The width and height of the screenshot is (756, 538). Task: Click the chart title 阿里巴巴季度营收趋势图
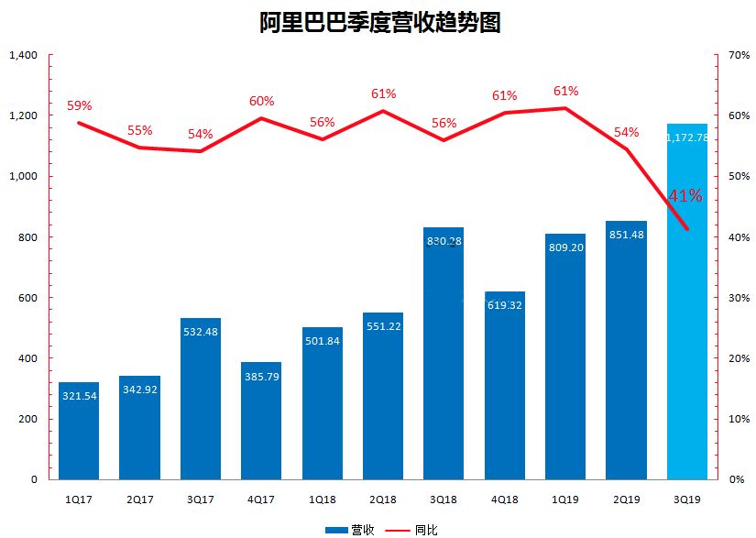(x=378, y=22)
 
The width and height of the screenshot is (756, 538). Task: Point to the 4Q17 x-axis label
(x=261, y=499)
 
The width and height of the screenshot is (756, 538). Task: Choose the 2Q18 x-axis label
(x=383, y=499)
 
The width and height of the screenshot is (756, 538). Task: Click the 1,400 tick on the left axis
(x=22, y=56)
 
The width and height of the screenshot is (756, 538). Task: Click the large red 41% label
(x=685, y=196)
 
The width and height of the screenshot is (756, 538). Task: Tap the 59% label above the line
(x=80, y=105)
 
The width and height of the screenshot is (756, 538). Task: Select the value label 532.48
(x=201, y=332)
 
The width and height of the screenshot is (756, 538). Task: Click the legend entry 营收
(x=352, y=530)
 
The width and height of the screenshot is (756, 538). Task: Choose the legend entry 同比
(x=412, y=530)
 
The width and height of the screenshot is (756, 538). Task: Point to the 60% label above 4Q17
(x=261, y=101)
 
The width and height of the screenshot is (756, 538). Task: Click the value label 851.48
(x=626, y=235)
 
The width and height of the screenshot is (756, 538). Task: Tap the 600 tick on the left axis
(x=27, y=298)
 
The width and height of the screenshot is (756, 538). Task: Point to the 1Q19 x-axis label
(x=565, y=499)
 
